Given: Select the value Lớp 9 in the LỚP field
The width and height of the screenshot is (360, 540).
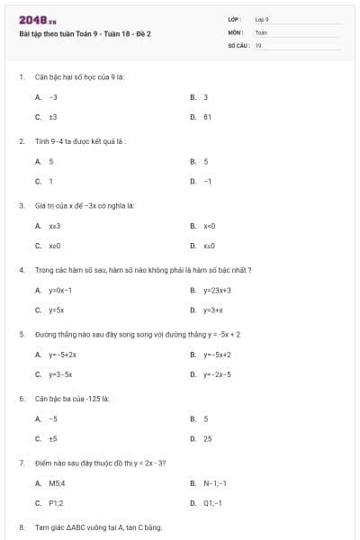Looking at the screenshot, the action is pyautogui.click(x=262, y=19).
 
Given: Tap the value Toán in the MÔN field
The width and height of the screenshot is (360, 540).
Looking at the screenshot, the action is pyautogui.click(x=261, y=31).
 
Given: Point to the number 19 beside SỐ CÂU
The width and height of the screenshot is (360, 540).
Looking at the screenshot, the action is pyautogui.click(x=258, y=44).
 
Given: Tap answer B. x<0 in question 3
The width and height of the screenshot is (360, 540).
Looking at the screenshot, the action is pyautogui.click(x=209, y=226).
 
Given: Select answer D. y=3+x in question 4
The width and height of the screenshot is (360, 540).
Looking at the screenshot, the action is pyautogui.click(x=212, y=310).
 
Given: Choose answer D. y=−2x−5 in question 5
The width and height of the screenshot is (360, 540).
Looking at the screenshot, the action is pyautogui.click(x=217, y=374).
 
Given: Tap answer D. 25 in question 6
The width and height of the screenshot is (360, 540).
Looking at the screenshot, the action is pyautogui.click(x=207, y=439).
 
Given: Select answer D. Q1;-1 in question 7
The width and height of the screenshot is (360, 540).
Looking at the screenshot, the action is pyautogui.click(x=212, y=503).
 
